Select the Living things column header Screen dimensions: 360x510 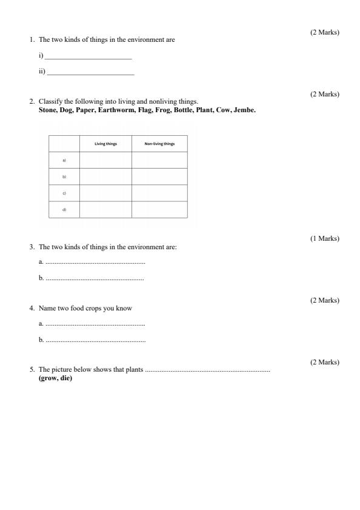[105, 144]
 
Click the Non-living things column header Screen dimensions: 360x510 [159, 144]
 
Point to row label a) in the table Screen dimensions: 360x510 [64, 160]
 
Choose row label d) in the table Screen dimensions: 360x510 [64, 209]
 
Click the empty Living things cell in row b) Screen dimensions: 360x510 [105, 176]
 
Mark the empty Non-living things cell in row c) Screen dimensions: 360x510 [159, 193]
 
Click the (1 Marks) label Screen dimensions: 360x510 [325, 238]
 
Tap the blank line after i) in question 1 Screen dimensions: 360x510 [88, 58]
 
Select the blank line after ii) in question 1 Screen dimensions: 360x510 [90, 73]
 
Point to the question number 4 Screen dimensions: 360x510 [32, 309]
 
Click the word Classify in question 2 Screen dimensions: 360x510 [50, 101]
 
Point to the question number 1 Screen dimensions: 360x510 [32, 40]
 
